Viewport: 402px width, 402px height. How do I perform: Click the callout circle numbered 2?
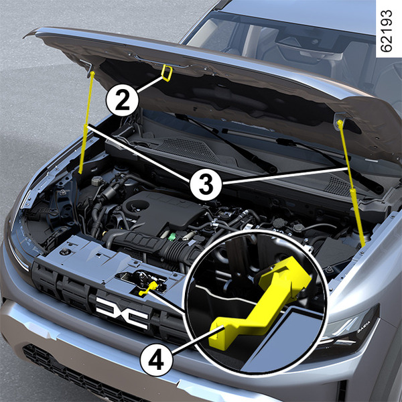pyautogui.click(x=123, y=100)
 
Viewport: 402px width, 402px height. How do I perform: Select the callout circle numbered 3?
pyautogui.click(x=206, y=184)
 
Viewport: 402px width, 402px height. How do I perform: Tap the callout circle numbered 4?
pyautogui.click(x=156, y=359)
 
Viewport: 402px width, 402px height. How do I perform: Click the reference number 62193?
pyautogui.click(x=387, y=31)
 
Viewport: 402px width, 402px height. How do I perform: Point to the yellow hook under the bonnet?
pyautogui.click(x=166, y=73)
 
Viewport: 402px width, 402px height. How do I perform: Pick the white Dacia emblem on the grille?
pyautogui.click(x=122, y=313)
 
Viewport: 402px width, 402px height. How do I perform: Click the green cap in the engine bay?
pyautogui.click(x=172, y=237)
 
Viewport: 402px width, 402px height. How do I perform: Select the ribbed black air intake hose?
pyautogui.click(x=154, y=245)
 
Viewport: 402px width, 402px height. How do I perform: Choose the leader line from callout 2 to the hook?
pyautogui.click(x=151, y=84)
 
